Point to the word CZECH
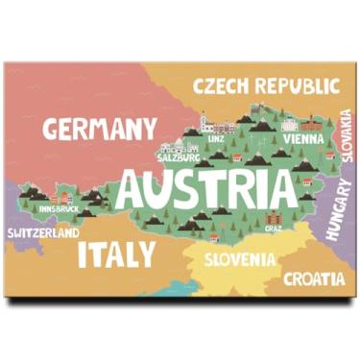[223, 86]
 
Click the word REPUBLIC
[295, 86]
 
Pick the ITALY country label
[115, 253]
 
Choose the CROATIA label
[313, 279]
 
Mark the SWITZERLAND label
[42, 233]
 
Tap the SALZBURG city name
[177, 159]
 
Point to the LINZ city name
[216, 139]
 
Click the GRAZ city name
[275, 228]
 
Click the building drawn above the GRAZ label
[275, 215]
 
